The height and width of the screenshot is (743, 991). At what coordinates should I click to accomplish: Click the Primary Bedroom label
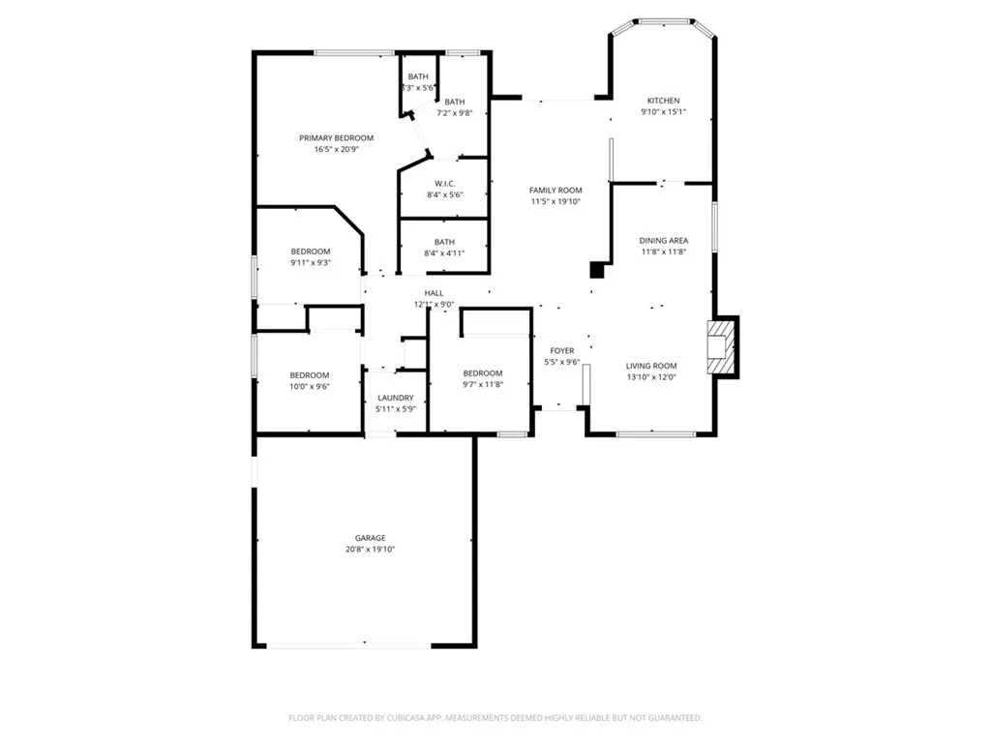pos(336,138)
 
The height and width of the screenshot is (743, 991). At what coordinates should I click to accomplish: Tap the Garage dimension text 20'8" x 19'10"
pos(370,550)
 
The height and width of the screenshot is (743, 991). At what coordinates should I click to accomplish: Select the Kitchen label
pos(663,101)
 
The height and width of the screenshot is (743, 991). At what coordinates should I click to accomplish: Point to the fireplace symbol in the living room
pos(722,346)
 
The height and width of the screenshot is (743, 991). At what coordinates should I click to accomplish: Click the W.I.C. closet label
pos(444,183)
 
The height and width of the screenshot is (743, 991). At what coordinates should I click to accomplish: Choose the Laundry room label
pos(396,398)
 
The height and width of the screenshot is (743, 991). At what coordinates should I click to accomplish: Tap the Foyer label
pos(562,350)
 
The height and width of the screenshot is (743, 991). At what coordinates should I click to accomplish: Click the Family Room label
pos(556,190)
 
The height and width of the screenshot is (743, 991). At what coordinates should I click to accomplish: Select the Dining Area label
pos(663,240)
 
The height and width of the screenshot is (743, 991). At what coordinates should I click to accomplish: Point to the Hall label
pos(434,293)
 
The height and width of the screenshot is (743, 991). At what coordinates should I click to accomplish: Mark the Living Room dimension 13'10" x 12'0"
pos(651,377)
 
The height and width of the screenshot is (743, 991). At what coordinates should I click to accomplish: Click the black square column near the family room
pos(597,270)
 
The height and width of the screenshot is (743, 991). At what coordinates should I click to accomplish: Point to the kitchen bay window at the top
pos(663,21)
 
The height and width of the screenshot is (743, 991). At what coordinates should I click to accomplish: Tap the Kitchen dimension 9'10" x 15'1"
pos(663,112)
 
